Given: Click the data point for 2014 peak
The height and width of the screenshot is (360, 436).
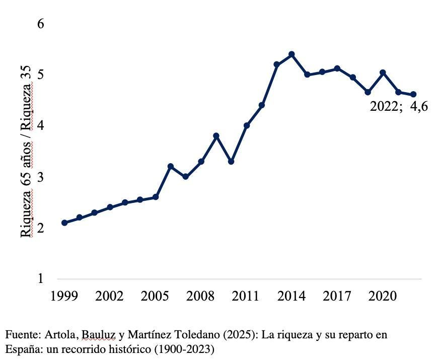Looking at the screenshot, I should (292, 54).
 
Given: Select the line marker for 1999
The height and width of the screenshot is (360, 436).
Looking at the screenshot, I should (64, 223).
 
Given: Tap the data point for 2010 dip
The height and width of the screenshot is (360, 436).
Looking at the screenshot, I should (231, 162).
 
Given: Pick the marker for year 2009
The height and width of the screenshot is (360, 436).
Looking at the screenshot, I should (216, 136).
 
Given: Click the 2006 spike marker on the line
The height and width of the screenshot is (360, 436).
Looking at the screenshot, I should (171, 166).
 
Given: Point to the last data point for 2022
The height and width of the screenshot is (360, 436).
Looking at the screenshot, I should (413, 94).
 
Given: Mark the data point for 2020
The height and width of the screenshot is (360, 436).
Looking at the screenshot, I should (383, 73).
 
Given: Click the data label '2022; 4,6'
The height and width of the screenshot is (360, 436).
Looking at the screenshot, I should (398, 107).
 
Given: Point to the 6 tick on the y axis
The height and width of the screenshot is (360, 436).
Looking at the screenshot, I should (41, 24).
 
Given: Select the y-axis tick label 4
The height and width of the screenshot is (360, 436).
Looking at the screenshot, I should (41, 125).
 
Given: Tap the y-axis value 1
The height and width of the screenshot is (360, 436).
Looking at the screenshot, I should (41, 278).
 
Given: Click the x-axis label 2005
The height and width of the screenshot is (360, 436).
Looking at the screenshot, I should (155, 296).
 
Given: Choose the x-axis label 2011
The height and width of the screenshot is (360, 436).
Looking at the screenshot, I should (246, 296).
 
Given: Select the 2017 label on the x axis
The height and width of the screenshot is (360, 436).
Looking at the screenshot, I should (337, 296).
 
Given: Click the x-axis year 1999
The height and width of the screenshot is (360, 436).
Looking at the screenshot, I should (64, 296).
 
